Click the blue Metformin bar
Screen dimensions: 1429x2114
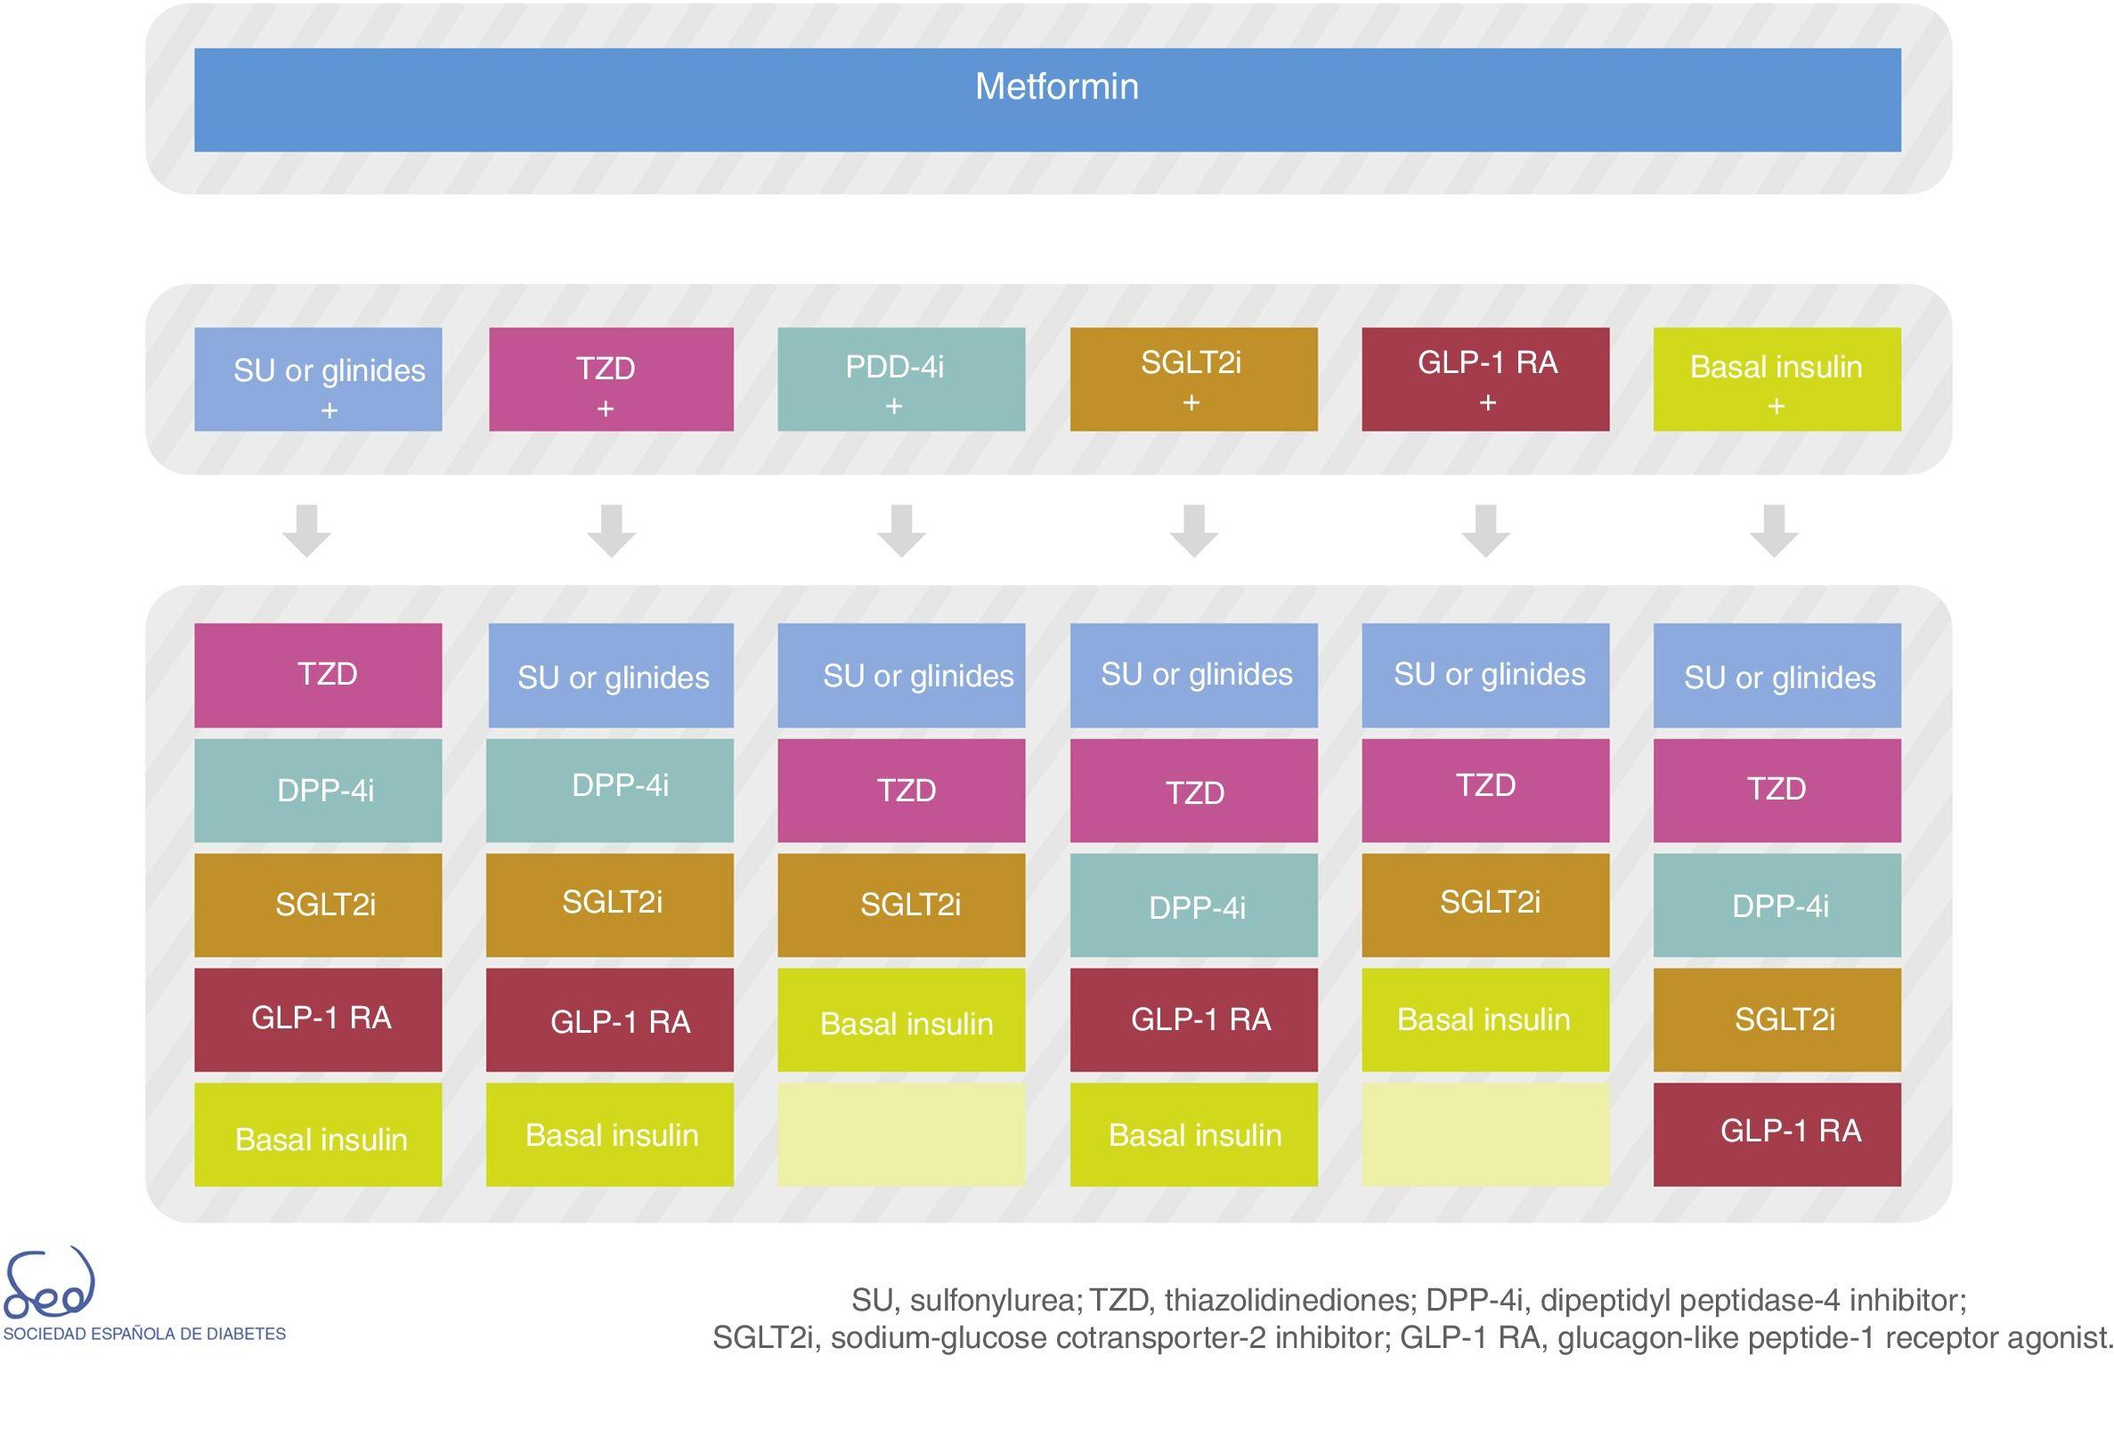[x=1047, y=99]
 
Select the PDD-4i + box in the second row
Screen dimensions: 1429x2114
[x=900, y=378]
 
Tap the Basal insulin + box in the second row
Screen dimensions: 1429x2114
[x=1777, y=378]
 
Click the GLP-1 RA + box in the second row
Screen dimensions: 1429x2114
[x=1484, y=378]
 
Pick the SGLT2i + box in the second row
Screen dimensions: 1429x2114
[x=1193, y=378]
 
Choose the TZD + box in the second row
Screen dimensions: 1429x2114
[x=611, y=378]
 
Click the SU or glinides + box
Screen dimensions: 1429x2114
[x=318, y=378]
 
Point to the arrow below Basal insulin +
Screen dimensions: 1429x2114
[x=1774, y=531]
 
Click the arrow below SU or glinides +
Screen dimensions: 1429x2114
[x=306, y=531]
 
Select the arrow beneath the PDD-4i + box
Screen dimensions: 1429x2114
[x=901, y=531]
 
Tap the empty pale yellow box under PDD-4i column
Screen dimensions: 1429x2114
[x=900, y=1133]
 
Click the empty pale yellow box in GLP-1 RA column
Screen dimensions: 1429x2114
[x=1484, y=1133]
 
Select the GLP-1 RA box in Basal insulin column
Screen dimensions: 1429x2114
[x=1777, y=1133]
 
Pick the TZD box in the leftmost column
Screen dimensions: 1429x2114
[x=318, y=674]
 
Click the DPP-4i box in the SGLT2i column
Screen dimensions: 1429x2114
[x=1193, y=905]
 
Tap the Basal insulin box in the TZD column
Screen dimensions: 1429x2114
[x=609, y=1133]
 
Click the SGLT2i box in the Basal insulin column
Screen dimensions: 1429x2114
[x=1777, y=1019]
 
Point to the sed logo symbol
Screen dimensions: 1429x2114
[x=49, y=1284]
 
